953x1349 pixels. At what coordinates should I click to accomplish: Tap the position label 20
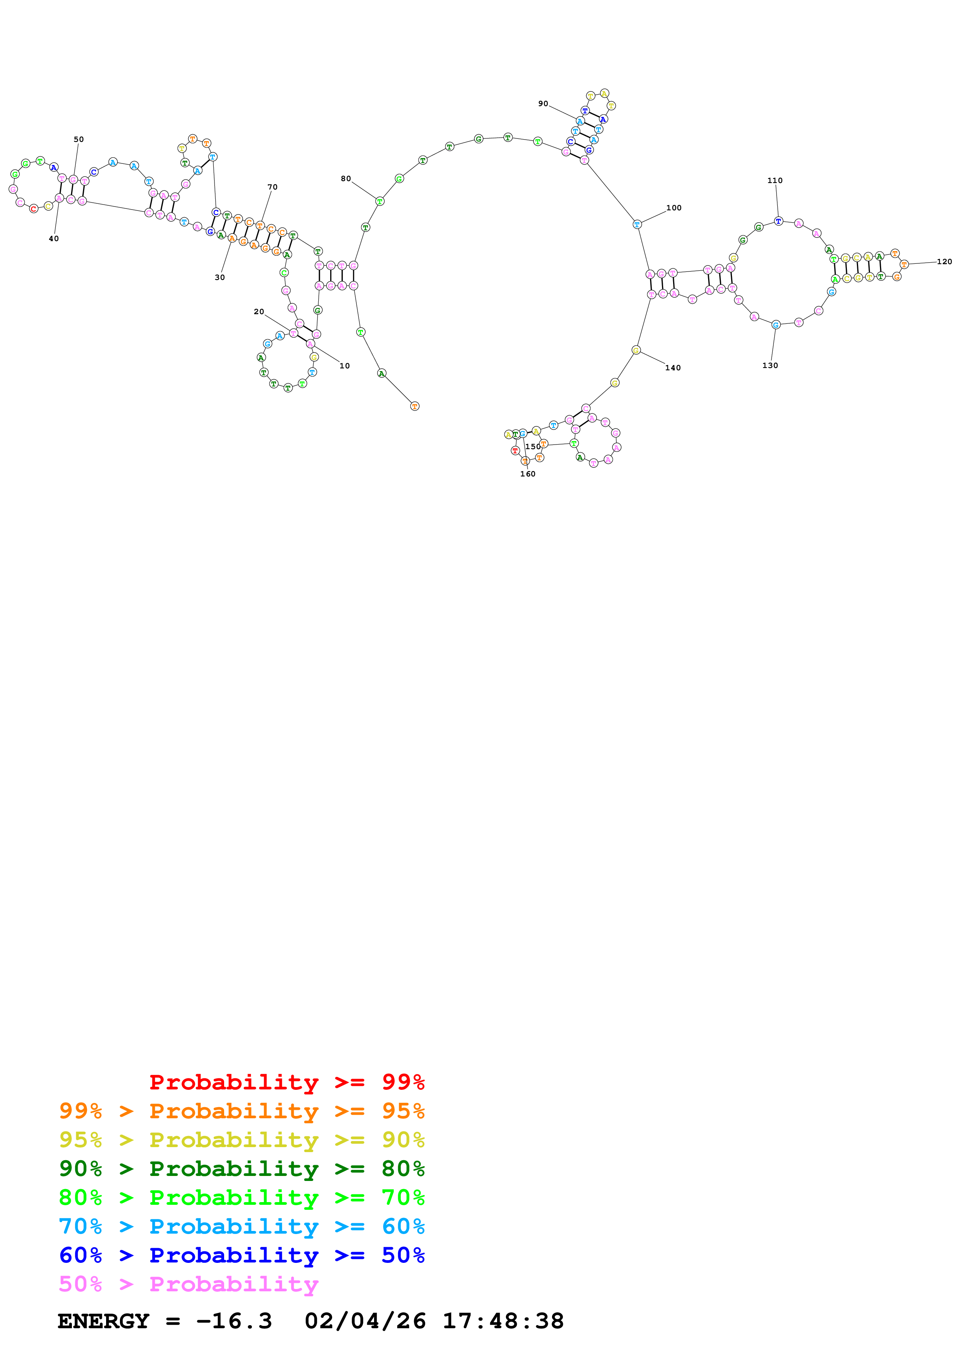click(259, 311)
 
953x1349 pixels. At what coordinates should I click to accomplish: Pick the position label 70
click(273, 187)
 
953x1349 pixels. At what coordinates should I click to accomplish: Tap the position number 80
click(346, 178)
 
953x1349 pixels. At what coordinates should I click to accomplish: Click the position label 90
click(543, 103)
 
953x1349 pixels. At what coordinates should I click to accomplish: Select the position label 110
click(775, 180)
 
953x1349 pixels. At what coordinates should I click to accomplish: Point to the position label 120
click(944, 261)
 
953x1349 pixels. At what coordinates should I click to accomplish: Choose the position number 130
click(770, 365)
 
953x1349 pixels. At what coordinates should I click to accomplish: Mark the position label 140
click(673, 368)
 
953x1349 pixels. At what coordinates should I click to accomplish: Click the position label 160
click(528, 474)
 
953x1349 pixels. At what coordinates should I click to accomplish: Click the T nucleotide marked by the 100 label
click(637, 225)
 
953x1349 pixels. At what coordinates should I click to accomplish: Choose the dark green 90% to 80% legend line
click(241, 1169)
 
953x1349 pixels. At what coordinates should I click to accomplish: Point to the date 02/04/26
click(365, 1321)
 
